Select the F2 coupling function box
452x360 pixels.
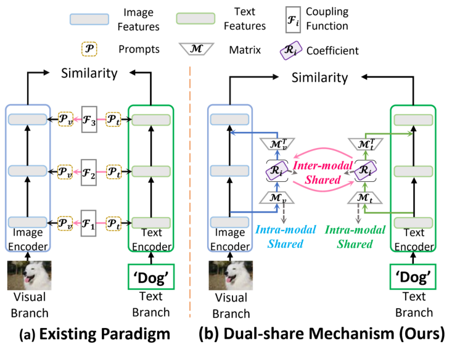click(x=89, y=170)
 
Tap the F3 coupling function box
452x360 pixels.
click(x=89, y=118)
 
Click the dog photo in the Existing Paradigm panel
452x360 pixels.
click(x=28, y=275)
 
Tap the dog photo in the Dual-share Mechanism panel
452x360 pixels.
click(x=229, y=275)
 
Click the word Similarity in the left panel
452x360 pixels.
click(x=89, y=74)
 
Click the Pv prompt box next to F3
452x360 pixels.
click(x=65, y=118)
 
